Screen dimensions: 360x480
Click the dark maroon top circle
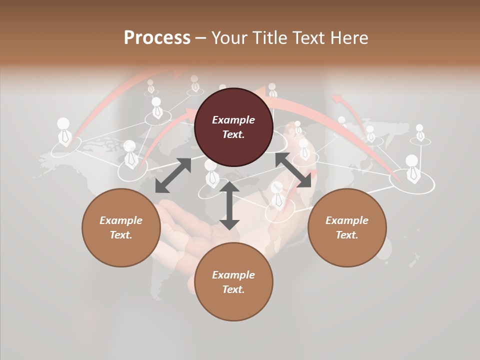233,127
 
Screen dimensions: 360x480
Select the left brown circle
121,227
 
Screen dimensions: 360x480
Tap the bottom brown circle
233,282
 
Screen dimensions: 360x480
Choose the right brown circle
346,227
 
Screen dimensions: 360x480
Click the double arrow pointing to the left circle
173,175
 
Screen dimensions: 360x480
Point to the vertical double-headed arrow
229,205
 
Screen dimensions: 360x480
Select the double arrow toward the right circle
293,170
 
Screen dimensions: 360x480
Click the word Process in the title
157,37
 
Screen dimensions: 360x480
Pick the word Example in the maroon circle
233,120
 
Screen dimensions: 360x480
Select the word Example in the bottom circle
233,275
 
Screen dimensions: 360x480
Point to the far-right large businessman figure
412,167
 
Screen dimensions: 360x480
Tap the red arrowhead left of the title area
179,73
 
